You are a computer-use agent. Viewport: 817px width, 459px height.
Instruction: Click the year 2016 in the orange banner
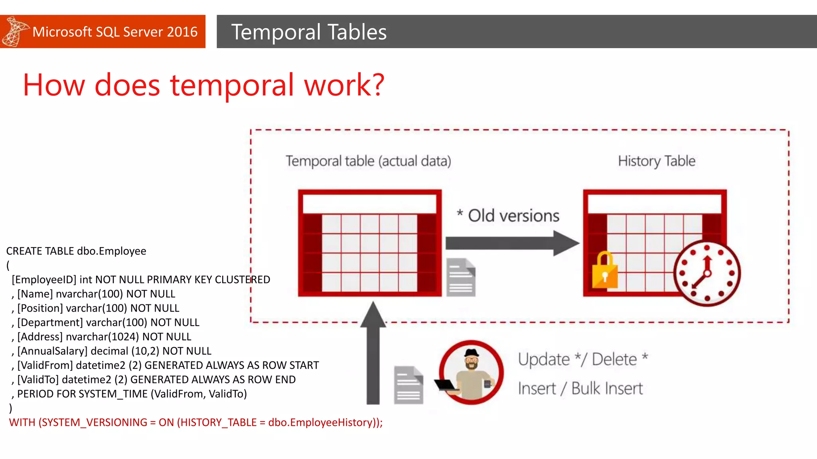[x=182, y=31]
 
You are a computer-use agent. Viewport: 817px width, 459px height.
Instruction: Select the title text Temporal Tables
[x=309, y=32]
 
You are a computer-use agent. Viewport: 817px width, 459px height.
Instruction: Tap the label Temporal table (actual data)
[x=368, y=161]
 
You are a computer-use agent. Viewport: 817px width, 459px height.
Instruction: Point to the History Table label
[x=656, y=161]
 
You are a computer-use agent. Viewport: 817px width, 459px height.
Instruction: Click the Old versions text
[x=513, y=216]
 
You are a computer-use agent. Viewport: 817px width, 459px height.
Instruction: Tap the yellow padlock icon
[x=604, y=271]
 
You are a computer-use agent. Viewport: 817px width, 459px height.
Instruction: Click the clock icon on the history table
[x=707, y=273]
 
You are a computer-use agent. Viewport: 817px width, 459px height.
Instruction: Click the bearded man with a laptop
[x=471, y=372]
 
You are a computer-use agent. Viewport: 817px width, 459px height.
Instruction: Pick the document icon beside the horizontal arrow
[x=461, y=277]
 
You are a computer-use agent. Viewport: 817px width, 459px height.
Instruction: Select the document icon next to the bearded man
[x=408, y=385]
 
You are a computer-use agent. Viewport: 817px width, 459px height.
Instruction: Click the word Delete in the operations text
[x=614, y=359]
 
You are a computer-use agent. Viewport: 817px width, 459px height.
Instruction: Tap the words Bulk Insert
[x=607, y=388]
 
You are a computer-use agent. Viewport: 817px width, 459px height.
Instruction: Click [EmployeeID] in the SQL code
[x=44, y=280]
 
